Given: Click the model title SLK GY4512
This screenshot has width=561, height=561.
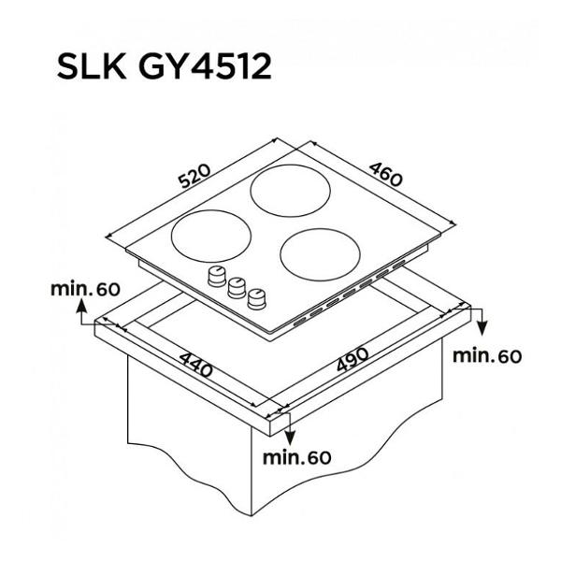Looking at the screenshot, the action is [x=165, y=66].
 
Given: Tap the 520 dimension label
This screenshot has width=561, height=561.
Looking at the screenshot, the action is [x=195, y=176].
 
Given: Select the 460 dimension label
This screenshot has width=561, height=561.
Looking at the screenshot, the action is [x=385, y=175].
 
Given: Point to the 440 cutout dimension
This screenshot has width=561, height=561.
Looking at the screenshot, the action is [x=195, y=365].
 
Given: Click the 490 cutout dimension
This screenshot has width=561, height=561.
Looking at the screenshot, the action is [x=352, y=359].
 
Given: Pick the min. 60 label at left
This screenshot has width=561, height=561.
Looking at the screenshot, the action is [x=85, y=289].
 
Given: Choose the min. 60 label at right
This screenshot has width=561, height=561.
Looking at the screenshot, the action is [x=487, y=356].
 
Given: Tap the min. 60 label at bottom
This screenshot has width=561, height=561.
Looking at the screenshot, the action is [x=297, y=457].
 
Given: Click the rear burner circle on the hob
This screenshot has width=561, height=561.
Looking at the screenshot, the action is [x=290, y=191].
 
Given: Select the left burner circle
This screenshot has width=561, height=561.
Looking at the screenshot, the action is [x=211, y=236].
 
